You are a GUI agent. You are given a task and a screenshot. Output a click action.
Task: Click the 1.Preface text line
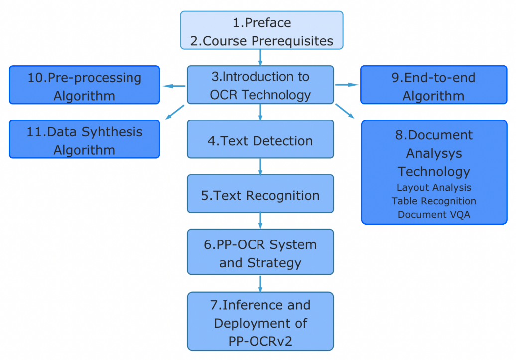[261, 23]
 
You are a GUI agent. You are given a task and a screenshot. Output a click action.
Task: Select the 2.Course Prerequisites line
[261, 41]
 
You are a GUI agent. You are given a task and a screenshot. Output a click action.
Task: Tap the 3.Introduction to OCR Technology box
[260, 85]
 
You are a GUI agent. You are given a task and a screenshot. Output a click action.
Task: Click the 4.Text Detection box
[260, 140]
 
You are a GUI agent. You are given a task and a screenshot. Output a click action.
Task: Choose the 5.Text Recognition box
[260, 195]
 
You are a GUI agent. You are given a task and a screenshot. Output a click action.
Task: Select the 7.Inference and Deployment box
[260, 322]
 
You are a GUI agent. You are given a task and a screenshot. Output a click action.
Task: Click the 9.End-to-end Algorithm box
[433, 86]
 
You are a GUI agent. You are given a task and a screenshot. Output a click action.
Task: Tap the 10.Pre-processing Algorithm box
[84, 86]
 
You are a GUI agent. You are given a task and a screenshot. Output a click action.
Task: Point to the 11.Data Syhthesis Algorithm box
[84, 140]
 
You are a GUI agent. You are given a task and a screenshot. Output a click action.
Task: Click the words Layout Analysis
[434, 188]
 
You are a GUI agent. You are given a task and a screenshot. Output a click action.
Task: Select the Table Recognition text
[434, 201]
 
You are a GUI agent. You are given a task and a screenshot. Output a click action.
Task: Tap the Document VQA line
[434, 215]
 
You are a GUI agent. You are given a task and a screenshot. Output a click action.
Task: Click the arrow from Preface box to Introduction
[260, 57]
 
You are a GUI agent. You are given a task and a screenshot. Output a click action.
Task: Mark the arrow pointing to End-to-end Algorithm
[347, 85]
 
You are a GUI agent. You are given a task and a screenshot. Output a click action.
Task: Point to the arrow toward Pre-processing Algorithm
[174, 86]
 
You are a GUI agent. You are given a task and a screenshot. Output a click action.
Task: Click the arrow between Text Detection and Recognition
[260, 166]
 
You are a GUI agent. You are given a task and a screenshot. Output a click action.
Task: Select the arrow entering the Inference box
[260, 283]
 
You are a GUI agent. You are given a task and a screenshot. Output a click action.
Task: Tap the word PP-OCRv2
[260, 341]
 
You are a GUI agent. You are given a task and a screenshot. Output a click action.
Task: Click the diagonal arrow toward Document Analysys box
[345, 111]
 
